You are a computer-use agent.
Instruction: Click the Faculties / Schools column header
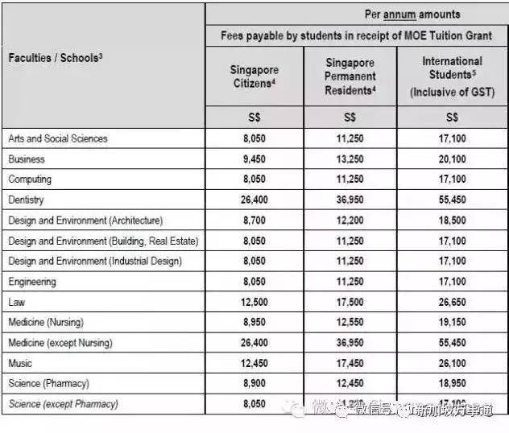pyautogui.click(x=55, y=57)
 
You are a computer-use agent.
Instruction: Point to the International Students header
pyautogui.click(x=452, y=76)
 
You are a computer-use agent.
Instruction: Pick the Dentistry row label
pyautogui.click(x=26, y=200)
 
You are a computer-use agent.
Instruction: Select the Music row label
pyautogui.click(x=20, y=364)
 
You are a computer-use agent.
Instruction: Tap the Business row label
pyautogui.click(x=27, y=159)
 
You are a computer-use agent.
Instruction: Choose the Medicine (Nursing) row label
pyautogui.click(x=48, y=323)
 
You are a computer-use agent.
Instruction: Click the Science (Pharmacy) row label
pyautogui.click(x=48, y=384)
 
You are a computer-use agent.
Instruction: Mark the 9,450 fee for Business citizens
pyautogui.click(x=254, y=159)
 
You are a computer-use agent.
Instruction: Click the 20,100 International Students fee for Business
pyautogui.click(x=452, y=159)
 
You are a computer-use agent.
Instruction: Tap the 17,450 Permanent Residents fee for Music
pyautogui.click(x=350, y=364)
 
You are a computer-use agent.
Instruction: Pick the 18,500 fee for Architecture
pyautogui.click(x=452, y=221)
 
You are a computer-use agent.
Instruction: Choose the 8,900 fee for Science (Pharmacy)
pyautogui.click(x=254, y=384)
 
